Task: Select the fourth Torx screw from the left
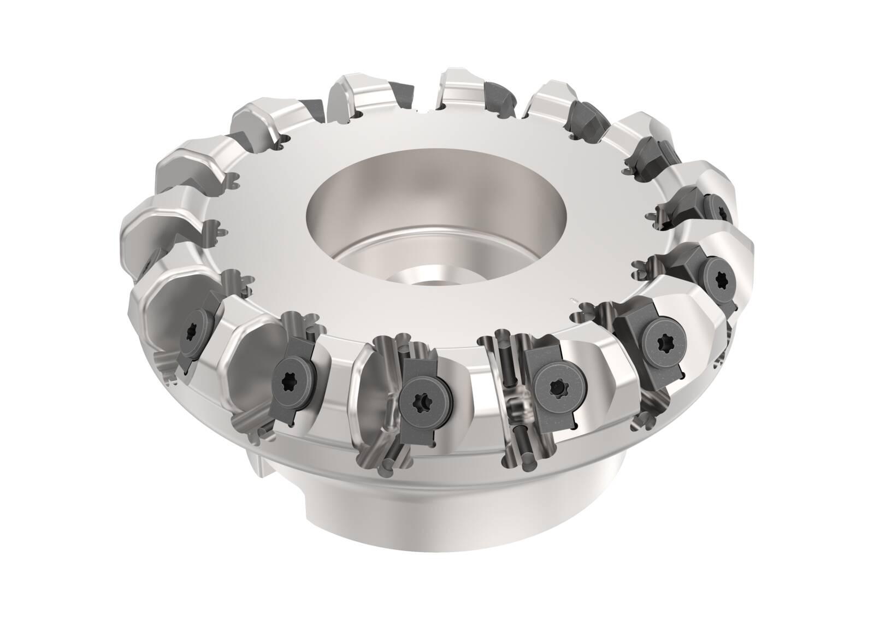pos(554,382)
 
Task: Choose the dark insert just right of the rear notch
pos(498,96)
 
